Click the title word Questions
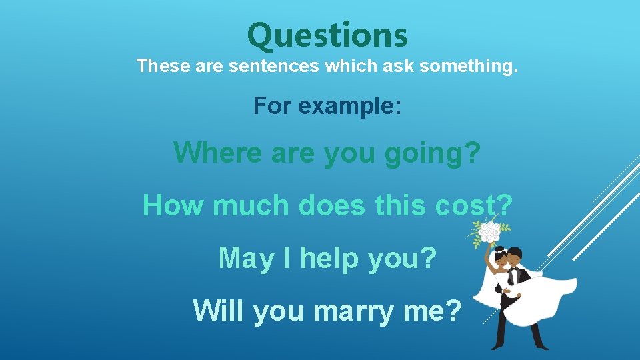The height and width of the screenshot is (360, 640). [327, 35]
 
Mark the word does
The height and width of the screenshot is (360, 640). [333, 205]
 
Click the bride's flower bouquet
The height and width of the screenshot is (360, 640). [489, 233]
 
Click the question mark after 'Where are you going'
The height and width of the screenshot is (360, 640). [471, 153]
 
